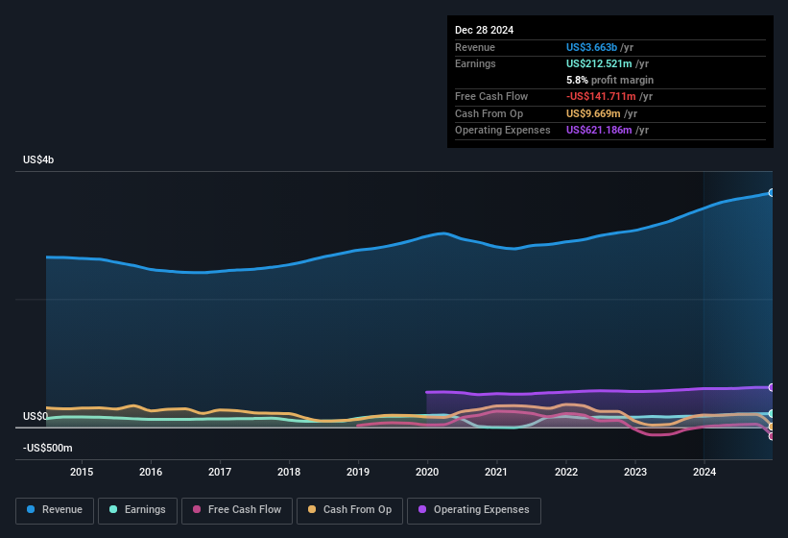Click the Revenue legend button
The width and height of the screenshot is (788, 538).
tap(55, 510)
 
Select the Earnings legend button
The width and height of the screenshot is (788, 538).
tap(138, 510)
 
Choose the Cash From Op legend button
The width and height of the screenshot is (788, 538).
tap(349, 510)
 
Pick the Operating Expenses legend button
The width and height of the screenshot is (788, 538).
tap(474, 510)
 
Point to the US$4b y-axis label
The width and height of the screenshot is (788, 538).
tap(38, 159)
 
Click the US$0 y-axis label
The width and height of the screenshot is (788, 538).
tap(35, 417)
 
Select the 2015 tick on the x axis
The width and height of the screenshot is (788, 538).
tap(82, 472)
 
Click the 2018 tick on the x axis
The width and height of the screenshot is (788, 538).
tap(289, 472)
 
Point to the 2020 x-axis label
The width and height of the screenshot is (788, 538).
tap(427, 472)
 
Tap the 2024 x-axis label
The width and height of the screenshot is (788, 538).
tap(704, 472)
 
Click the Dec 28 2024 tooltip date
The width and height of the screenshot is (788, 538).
tap(484, 30)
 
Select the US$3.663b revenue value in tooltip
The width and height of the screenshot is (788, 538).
tap(592, 47)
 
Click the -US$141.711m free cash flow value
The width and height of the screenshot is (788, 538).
tap(602, 97)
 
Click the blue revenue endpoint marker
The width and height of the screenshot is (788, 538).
tap(771, 192)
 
